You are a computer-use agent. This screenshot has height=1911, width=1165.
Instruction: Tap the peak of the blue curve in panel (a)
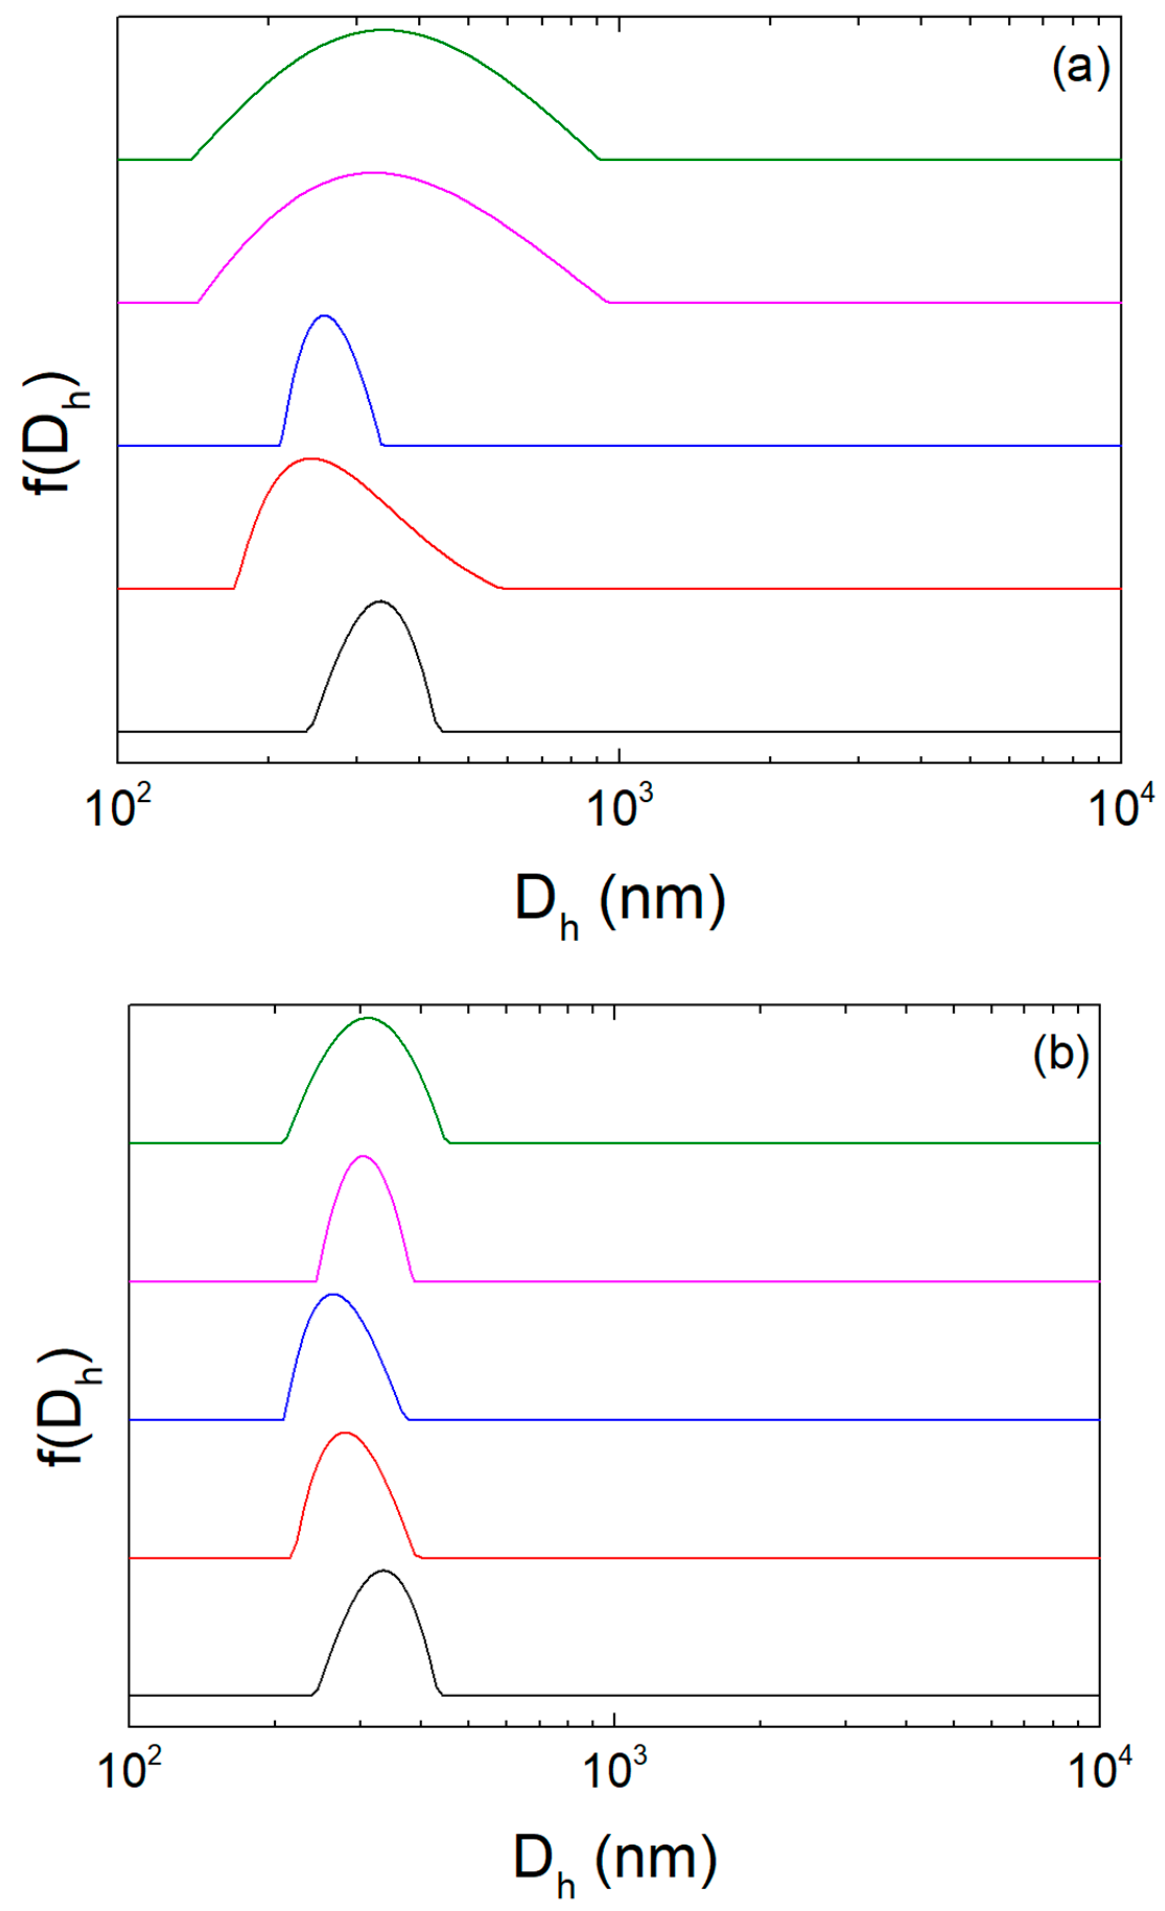tap(324, 316)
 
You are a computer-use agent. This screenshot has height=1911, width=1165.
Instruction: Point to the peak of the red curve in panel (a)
tap(310, 459)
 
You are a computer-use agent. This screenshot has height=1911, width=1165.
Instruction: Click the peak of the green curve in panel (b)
tap(368, 1017)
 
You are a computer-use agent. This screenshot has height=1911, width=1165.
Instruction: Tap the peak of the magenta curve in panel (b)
tap(363, 1156)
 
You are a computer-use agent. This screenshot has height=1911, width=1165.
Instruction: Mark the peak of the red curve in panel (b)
tap(344, 1432)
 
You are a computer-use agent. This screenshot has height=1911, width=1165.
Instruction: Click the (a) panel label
tap(1080, 68)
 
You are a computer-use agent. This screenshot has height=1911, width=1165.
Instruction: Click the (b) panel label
tap(1060, 1055)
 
